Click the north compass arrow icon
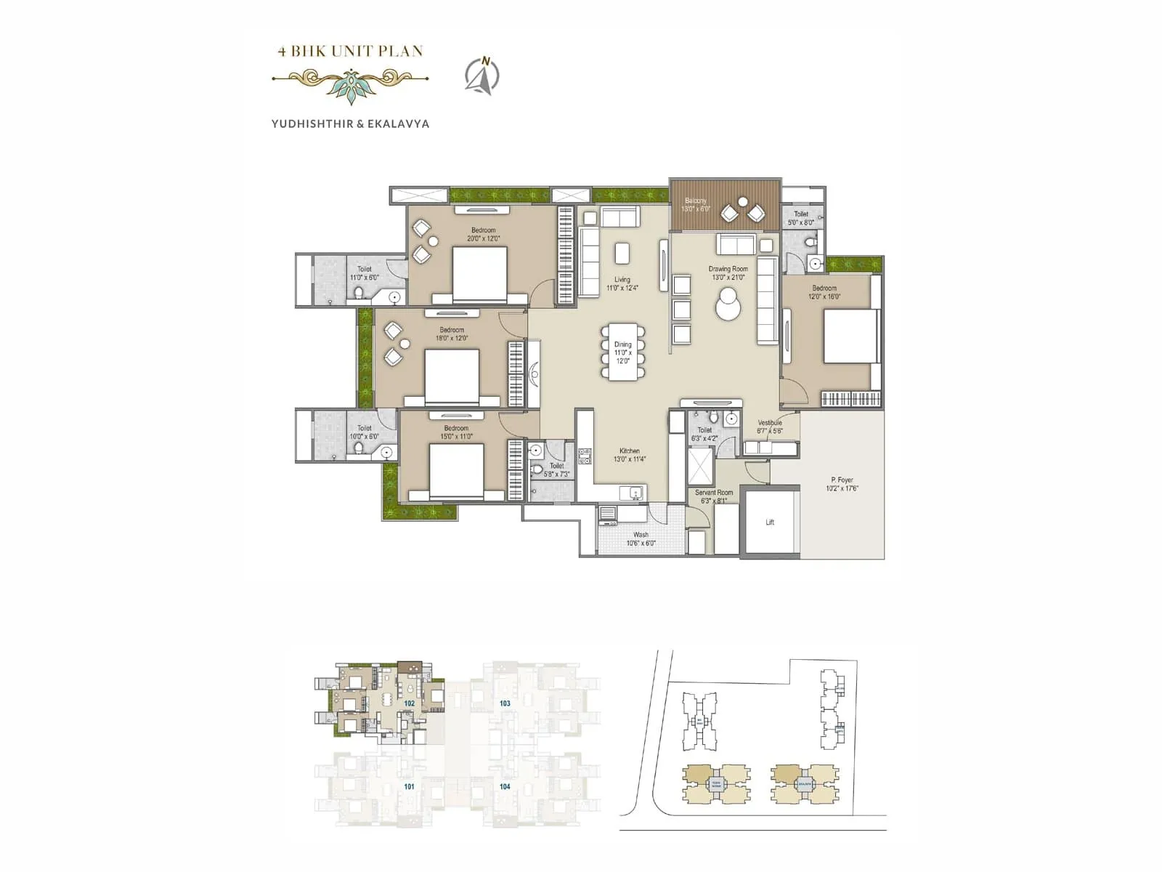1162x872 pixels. click(x=482, y=76)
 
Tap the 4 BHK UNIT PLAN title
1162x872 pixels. click(x=350, y=51)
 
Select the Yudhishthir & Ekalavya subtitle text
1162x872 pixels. click(x=350, y=124)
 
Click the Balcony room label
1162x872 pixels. click(x=695, y=205)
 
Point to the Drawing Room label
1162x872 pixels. click(x=728, y=272)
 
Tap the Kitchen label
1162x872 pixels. click(x=629, y=455)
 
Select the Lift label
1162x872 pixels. click(x=770, y=522)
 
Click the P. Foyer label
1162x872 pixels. click(x=842, y=484)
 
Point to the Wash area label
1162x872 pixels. click(x=641, y=538)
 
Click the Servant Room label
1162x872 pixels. click(x=714, y=496)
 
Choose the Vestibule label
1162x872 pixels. click(x=770, y=427)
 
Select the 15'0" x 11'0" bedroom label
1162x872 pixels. click(x=456, y=432)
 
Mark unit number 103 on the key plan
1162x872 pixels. click(x=505, y=703)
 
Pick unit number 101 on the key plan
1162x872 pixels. click(x=409, y=786)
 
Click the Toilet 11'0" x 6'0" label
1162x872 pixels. click(x=364, y=273)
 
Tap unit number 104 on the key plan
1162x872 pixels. click(x=505, y=786)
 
